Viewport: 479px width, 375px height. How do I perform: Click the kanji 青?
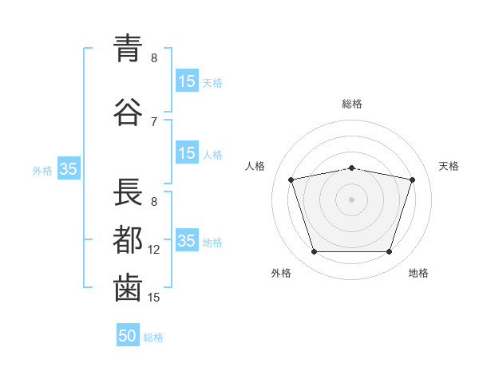[128, 49]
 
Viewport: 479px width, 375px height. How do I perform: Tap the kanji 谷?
[128, 112]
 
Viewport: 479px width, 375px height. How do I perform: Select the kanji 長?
[128, 191]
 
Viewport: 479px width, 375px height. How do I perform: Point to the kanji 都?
[128, 239]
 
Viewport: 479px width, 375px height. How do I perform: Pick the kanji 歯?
[128, 288]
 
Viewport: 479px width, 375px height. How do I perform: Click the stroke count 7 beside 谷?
[154, 122]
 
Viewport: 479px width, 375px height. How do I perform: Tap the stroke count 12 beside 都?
[153, 250]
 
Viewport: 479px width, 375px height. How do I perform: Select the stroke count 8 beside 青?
[154, 58]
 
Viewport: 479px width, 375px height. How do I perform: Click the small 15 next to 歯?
[153, 298]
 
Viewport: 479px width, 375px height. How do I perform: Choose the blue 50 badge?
[128, 334]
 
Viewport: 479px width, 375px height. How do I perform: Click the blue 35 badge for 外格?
[69, 168]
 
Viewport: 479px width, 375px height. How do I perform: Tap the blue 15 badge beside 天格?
[187, 81]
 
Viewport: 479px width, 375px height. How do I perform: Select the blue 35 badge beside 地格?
[187, 239]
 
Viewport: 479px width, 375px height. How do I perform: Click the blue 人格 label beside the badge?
[212, 155]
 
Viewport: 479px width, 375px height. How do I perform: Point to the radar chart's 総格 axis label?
[352, 104]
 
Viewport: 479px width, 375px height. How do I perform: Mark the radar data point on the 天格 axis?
[412, 180]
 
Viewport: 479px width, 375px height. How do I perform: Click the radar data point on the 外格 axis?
[315, 251]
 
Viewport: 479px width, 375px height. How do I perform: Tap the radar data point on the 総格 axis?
[351, 168]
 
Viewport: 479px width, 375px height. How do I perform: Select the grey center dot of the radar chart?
[351, 199]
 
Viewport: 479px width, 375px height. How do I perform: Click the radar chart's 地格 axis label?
[418, 273]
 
